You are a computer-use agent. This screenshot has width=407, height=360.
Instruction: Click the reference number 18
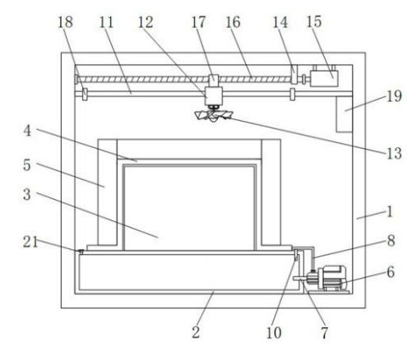(x=65, y=21)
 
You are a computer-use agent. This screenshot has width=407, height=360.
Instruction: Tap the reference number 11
(x=106, y=22)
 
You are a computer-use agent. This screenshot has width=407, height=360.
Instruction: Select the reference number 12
(x=146, y=22)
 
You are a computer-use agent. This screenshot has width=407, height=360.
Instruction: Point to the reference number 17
(x=198, y=21)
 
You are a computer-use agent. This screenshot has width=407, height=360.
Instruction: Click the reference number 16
(x=233, y=21)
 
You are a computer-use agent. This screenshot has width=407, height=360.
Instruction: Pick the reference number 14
(x=280, y=22)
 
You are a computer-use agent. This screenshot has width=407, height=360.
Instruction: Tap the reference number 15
(x=314, y=21)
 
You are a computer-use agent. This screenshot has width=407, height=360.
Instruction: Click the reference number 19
(x=394, y=96)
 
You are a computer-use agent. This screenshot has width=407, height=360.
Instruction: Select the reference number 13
(x=394, y=153)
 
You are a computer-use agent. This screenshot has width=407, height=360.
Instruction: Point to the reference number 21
(x=30, y=242)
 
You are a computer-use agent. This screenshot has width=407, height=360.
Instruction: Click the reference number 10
(x=274, y=333)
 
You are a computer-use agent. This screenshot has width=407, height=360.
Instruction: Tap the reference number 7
(x=325, y=333)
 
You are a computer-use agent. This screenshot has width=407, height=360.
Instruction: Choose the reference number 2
(x=196, y=332)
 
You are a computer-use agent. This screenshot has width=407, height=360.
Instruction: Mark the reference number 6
(x=391, y=272)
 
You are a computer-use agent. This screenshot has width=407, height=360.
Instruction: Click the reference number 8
(x=391, y=240)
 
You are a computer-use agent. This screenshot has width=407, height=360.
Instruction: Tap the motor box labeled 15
(x=324, y=78)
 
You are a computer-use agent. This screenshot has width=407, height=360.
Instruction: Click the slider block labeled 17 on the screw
(x=214, y=79)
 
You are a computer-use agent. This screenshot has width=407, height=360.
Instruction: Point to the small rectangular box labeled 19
(x=345, y=114)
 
